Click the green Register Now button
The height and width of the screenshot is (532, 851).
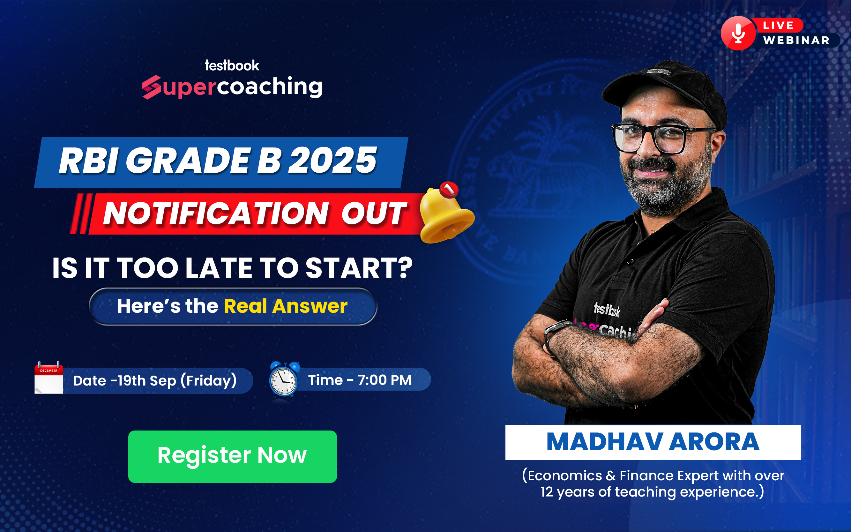232,456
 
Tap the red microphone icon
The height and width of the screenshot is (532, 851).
738,33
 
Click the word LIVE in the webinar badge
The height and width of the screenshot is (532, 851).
778,25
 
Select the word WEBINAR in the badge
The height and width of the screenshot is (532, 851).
796,40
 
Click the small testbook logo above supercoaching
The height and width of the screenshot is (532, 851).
232,65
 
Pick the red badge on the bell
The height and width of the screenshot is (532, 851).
449,189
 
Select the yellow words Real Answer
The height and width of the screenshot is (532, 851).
286,306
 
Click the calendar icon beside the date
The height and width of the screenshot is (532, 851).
49,378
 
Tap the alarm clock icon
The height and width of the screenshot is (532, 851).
284,379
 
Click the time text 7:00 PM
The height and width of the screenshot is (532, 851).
384,380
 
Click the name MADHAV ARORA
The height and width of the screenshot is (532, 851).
653,442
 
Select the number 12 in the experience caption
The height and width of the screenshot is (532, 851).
547,492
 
